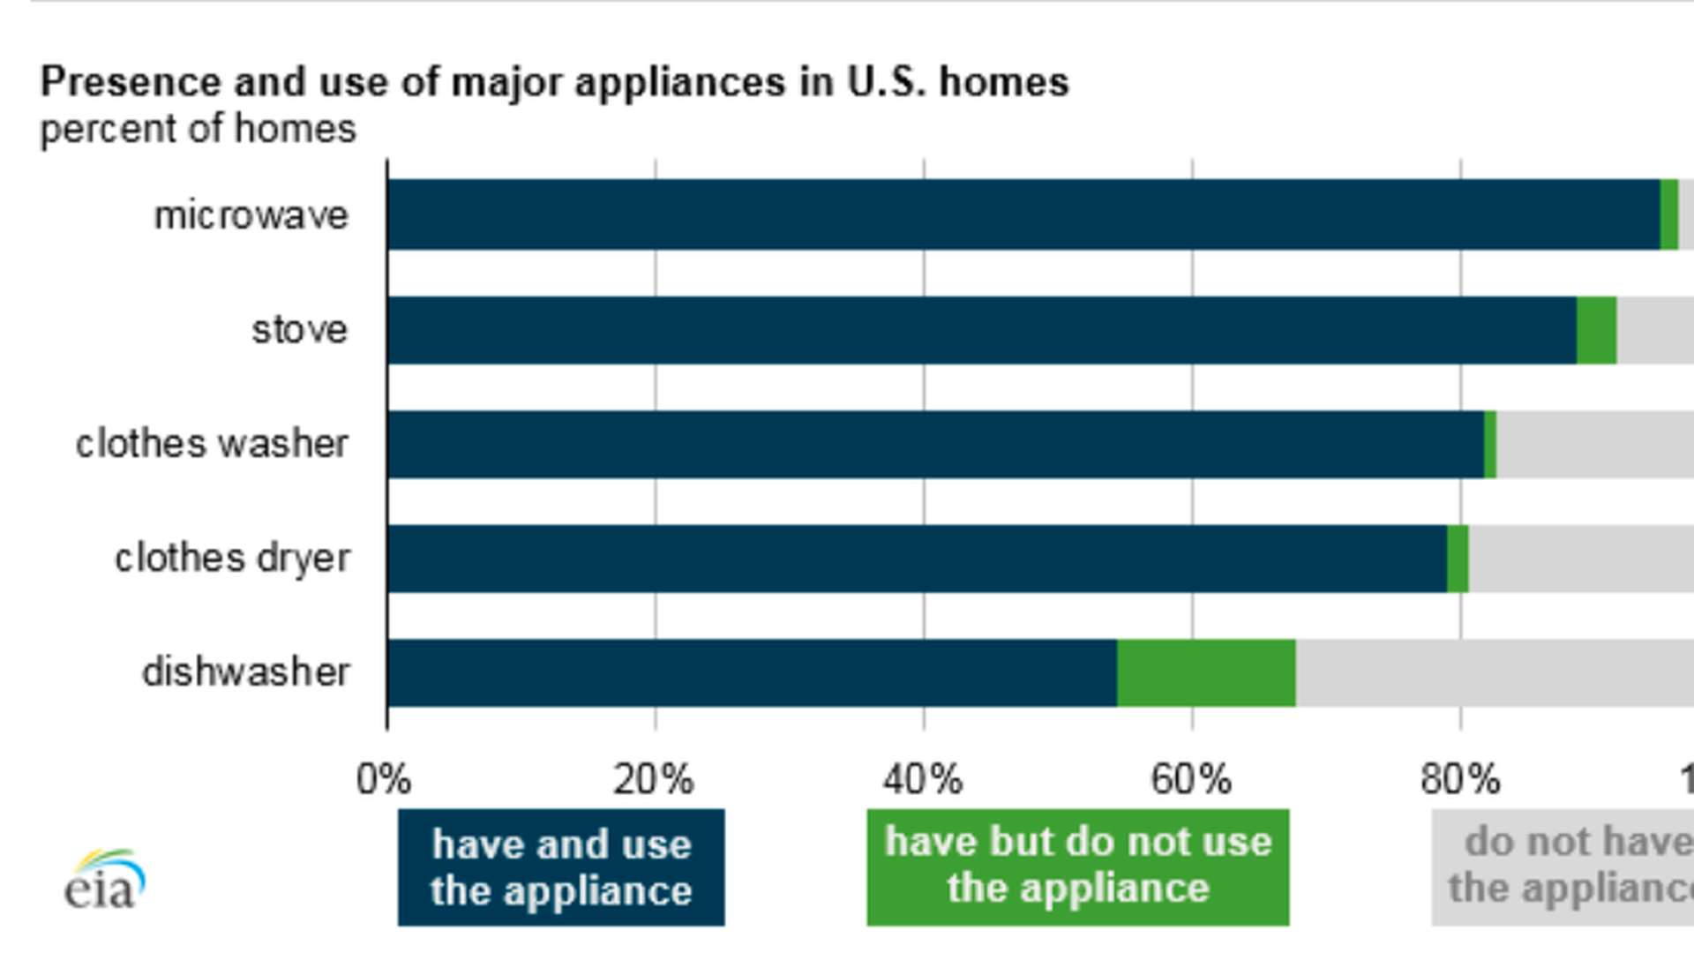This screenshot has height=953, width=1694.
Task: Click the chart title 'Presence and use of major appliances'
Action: [554, 83]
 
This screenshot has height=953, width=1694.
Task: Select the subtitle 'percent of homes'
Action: [199, 130]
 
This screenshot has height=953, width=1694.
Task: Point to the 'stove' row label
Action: [300, 330]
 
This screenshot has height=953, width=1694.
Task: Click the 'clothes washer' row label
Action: [212, 444]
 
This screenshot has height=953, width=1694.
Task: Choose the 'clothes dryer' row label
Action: [232, 558]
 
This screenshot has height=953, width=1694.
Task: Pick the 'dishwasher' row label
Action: [246, 672]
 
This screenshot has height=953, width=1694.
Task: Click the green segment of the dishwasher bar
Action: [1206, 673]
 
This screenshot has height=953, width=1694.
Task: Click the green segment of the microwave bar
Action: [1668, 214]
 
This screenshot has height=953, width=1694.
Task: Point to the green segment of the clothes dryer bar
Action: [1458, 559]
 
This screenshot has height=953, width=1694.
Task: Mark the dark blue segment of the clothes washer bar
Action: [935, 445]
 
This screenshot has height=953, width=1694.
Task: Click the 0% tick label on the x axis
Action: [384, 780]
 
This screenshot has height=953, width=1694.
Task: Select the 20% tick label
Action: [654, 780]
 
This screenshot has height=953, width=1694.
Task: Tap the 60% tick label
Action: [1191, 780]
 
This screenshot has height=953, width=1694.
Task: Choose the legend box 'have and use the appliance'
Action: [561, 867]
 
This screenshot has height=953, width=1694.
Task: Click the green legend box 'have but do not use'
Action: [1077, 867]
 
